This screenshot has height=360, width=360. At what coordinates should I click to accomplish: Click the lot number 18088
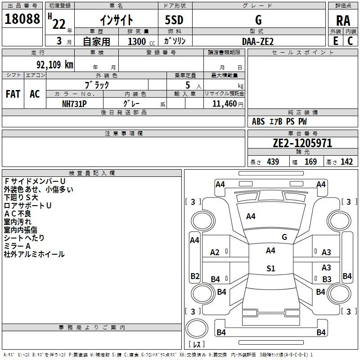(22, 19)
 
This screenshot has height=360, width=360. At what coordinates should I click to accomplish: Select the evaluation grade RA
(343, 20)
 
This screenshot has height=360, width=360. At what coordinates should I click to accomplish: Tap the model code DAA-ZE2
(258, 41)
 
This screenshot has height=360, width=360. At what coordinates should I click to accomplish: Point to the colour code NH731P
(74, 103)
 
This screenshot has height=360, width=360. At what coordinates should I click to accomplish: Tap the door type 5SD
(175, 20)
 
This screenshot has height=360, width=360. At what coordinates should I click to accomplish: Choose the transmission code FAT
(13, 94)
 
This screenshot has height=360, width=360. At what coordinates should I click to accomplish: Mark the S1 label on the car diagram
(270, 269)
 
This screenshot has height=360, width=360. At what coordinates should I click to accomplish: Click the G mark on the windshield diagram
(284, 237)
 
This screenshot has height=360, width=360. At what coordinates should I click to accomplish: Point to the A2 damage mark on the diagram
(215, 252)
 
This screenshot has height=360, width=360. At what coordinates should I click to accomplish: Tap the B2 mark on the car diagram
(195, 276)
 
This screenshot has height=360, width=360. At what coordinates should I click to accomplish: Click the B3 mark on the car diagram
(327, 279)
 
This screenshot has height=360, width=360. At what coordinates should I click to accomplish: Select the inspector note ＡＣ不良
(18, 213)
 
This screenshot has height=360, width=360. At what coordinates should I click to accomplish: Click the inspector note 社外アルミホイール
(34, 254)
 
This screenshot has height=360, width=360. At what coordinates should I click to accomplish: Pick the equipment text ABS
(258, 121)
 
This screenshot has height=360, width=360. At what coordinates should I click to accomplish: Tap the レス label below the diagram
(197, 345)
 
